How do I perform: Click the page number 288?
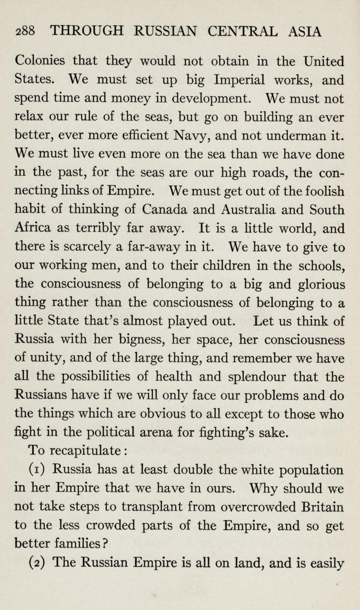tap(25, 31)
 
